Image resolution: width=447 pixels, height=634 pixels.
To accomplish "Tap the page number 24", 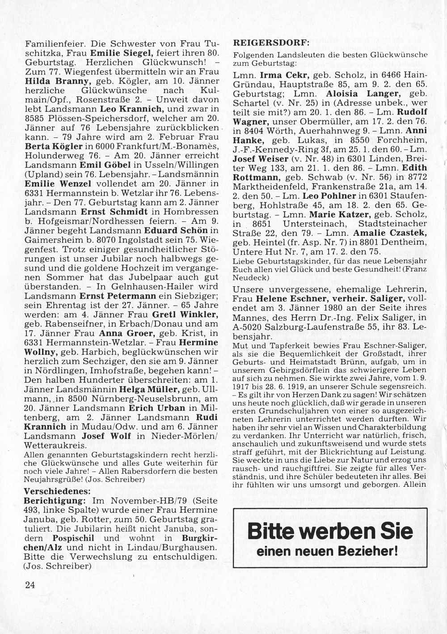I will click(x=30, y=585).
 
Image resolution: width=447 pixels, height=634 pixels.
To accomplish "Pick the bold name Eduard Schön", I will click(x=176, y=230).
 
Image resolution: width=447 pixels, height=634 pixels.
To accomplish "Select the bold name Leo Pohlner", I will click(x=329, y=196).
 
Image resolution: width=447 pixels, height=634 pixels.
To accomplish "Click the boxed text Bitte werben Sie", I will click(x=330, y=532).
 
